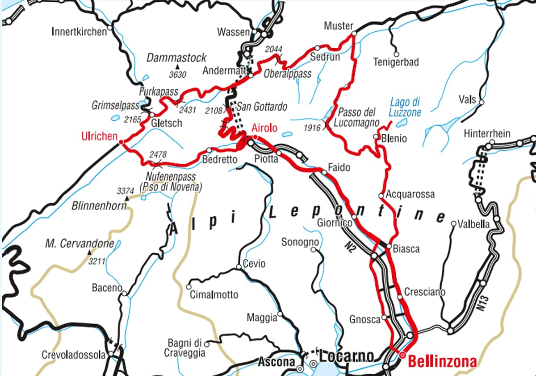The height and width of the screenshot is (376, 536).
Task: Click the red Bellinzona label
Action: coord(442,361)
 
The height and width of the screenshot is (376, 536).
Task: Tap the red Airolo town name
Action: coord(264,128)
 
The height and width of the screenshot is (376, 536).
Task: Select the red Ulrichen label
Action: coord(99,136)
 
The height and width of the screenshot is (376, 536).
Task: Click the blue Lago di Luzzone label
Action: coord(405,107)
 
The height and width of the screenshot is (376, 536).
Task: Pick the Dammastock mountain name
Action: coord(176,58)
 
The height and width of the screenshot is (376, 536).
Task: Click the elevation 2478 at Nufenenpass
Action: coord(158,154)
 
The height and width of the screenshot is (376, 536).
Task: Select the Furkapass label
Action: coord(159,92)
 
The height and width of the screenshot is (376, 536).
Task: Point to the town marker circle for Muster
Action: coord(354,33)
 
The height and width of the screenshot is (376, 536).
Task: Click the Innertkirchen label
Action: coord(80,32)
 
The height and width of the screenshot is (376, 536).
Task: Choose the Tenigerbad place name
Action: coord(396,62)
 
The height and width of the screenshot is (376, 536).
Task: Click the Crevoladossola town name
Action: coord(74,355)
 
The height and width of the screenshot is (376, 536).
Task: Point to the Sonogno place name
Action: coord(300,242)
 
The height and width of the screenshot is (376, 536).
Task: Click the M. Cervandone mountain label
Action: coord(80,244)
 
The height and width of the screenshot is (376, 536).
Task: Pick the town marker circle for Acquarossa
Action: coord(381,195)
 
